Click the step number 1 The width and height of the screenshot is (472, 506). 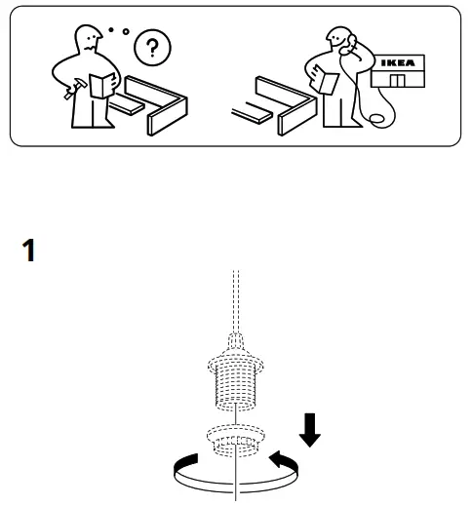click(x=29, y=251)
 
